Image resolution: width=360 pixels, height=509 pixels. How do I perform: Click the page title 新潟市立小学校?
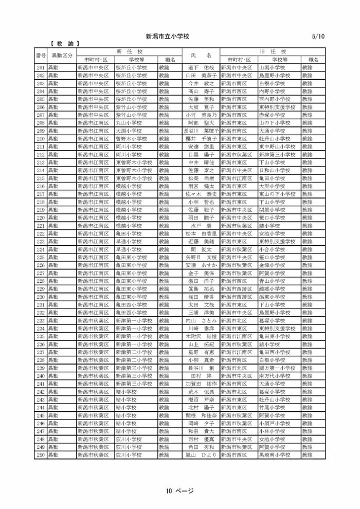tap(168, 37)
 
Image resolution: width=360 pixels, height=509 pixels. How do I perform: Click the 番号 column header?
tap(41, 56)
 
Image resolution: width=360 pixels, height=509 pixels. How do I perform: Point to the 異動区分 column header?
tap(62, 56)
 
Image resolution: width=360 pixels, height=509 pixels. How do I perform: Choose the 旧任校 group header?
tap(273, 52)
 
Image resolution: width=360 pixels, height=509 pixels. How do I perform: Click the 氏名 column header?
tap(201, 56)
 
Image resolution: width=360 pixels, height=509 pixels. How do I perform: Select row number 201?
tap(41, 67)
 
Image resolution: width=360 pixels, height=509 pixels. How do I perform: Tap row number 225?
tap(41, 258)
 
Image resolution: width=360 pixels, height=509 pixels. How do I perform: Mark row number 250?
tap(41, 456)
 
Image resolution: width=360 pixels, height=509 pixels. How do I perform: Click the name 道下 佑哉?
tap(201, 67)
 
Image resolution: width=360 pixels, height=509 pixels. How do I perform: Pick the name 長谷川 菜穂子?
tap(201, 131)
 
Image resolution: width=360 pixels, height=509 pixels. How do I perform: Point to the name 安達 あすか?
tap(201, 265)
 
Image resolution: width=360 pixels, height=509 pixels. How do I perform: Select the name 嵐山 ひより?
tap(201, 456)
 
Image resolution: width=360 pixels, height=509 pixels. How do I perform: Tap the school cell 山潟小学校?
tap(272, 67)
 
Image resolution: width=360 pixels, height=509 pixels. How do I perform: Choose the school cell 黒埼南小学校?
tap(278, 456)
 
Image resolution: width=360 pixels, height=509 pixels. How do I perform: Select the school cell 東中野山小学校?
tap(278, 147)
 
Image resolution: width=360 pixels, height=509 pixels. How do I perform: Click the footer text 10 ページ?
tap(179, 490)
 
